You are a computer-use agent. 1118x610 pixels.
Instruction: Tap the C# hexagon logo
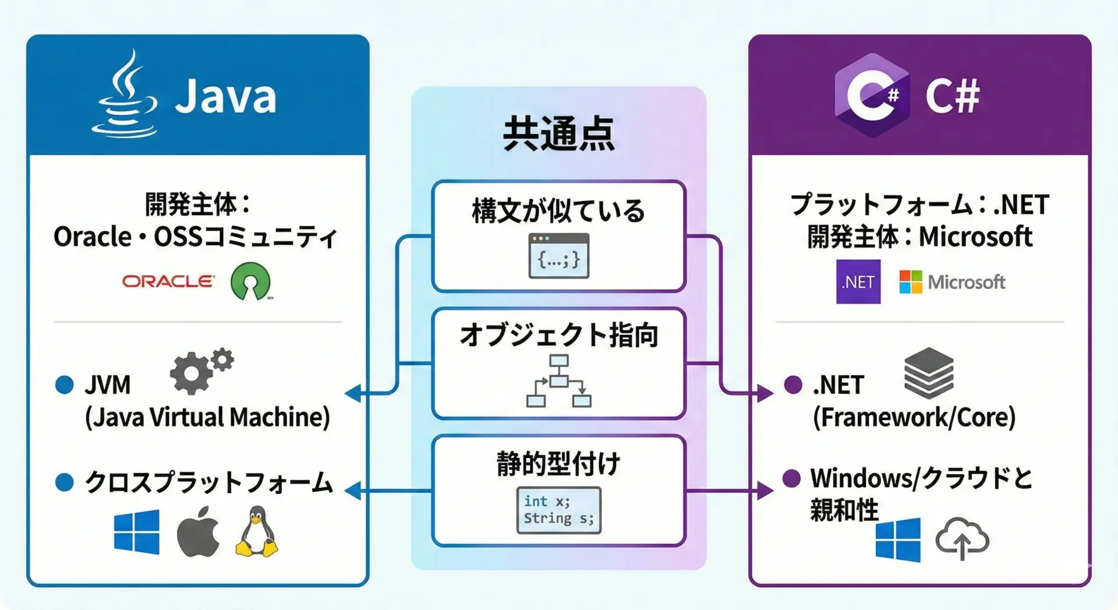872,95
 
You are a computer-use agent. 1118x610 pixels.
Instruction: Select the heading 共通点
558,133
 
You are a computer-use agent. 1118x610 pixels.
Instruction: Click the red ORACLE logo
168,281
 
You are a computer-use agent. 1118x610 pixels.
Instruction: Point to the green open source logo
250,281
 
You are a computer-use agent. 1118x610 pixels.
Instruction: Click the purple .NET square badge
858,282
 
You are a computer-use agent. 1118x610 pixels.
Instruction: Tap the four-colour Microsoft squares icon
910,282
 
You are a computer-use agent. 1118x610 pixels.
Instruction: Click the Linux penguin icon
256,531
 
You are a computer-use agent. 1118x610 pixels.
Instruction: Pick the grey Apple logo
198,531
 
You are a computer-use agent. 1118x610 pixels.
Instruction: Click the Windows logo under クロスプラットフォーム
136,531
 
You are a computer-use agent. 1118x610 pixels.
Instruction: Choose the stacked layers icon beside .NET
928,373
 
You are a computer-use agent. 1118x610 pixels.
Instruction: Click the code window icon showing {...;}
558,256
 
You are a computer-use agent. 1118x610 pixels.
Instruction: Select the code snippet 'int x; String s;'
558,510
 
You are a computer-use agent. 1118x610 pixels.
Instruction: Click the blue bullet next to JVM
64,385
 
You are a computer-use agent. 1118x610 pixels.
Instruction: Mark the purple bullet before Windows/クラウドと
791,478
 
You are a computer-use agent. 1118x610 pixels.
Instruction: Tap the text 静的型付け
558,464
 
